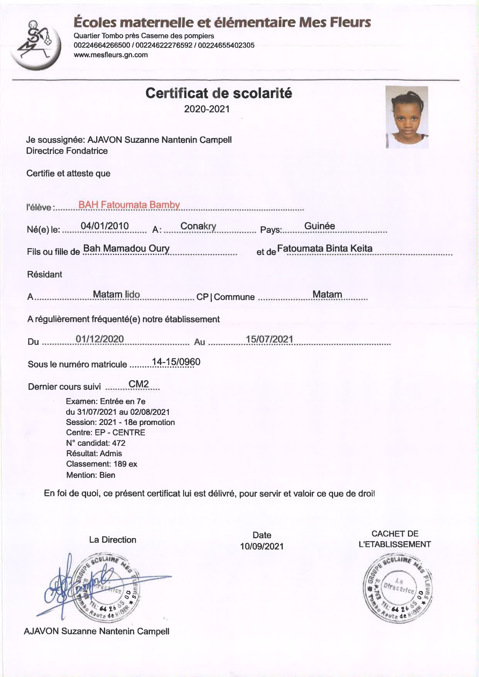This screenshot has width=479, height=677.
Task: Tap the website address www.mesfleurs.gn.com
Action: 110,55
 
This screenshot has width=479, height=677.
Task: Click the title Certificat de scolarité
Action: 219,93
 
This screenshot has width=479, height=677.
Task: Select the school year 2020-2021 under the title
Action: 207,109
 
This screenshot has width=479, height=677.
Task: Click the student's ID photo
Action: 406,117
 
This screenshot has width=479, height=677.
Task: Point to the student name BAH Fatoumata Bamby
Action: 129,205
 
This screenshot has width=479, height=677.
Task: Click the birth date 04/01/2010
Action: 105,226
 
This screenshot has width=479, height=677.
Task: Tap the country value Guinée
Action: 319,226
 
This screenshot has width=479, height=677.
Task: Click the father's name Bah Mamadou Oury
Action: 126,248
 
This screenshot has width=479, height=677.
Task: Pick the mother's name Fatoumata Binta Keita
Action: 324,248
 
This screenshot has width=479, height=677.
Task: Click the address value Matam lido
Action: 116,294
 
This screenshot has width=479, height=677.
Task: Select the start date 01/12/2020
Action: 100,339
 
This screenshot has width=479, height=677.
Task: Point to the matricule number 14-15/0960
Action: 176,362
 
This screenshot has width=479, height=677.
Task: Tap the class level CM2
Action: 139,384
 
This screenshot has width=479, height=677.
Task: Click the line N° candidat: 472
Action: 96,443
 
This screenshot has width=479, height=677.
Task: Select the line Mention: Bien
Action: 91,475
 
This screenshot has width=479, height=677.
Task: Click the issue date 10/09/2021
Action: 262,546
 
